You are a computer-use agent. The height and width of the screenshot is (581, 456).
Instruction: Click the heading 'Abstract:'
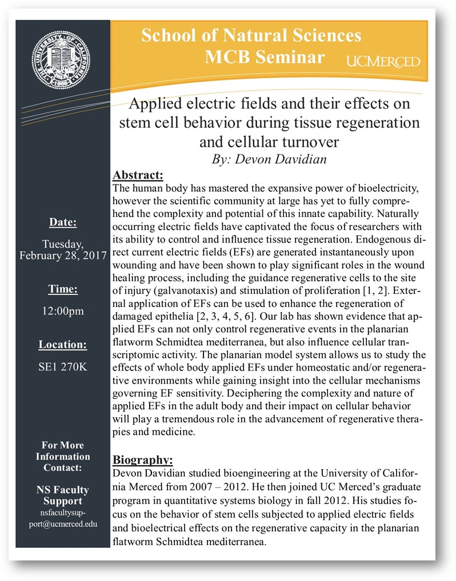click(138, 174)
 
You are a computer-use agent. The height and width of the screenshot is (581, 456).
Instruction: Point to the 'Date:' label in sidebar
click(63, 223)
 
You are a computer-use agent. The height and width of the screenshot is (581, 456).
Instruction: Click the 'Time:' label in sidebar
click(63, 289)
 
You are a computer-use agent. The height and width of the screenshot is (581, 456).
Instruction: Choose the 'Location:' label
click(63, 345)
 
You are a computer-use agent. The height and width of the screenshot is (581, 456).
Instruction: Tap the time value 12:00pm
click(63, 311)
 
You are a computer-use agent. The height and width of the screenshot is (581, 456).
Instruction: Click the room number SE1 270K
click(63, 366)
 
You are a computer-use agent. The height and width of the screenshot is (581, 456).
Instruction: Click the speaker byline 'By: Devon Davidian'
click(269, 159)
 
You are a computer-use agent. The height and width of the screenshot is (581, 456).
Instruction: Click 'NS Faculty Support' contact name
click(63, 495)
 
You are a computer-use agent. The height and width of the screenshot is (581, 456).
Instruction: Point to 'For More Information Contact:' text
click(63, 457)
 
